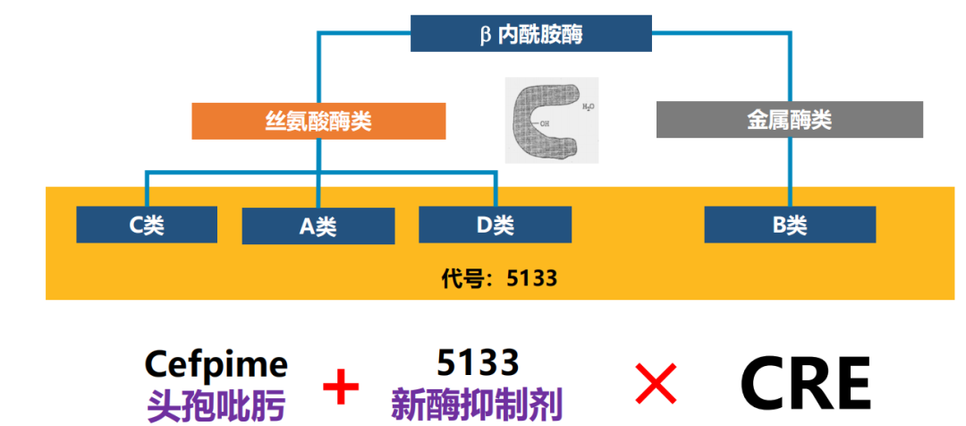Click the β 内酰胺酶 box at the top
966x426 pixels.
531,34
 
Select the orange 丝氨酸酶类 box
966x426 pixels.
318,122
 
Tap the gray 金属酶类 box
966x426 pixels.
789,120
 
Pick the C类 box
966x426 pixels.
147,225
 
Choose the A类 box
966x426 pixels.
318,226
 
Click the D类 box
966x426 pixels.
495,225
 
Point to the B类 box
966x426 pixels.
790,225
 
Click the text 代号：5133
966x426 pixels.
499,277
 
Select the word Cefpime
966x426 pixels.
216,364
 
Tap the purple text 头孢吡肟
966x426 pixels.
216,405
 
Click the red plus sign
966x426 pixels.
341,388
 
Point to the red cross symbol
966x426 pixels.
656,386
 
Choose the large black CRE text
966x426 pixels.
806,384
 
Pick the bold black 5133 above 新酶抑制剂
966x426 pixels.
478,362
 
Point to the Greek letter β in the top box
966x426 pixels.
486,35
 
